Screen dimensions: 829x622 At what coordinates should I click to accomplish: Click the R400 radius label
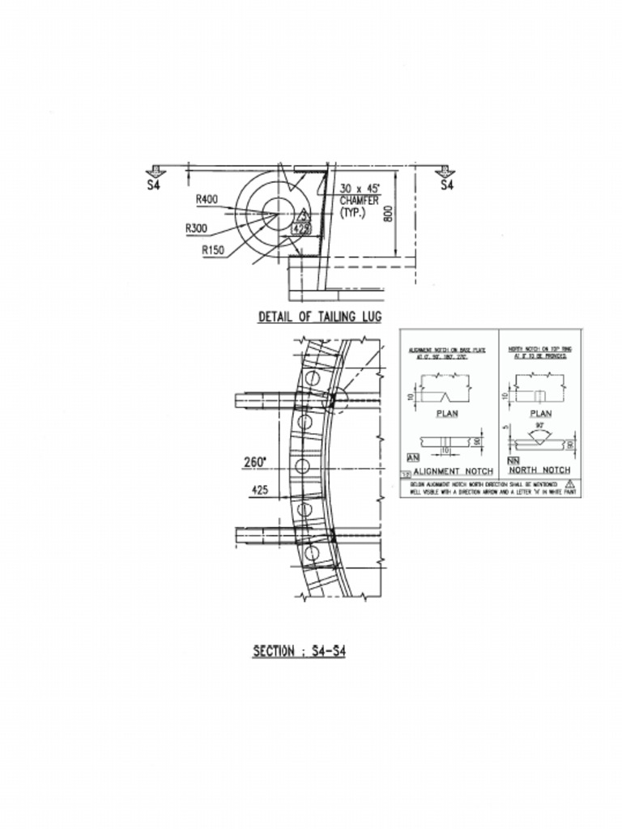[x=207, y=199]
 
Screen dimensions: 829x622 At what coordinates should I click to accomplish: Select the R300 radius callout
[x=196, y=228]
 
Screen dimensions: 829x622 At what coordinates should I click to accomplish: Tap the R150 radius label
[x=213, y=250]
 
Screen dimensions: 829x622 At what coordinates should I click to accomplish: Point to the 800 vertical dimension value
[x=388, y=213]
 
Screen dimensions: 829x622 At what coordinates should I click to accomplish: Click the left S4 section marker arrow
[x=154, y=172]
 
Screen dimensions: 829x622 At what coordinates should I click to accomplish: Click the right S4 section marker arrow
[x=445, y=172]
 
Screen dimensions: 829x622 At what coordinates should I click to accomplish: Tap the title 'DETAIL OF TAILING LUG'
[x=319, y=317]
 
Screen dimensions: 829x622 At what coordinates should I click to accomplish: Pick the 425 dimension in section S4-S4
[x=259, y=490]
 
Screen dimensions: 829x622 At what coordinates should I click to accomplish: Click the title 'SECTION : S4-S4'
[x=299, y=651]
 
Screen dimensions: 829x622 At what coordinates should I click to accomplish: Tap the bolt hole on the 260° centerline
[x=304, y=466]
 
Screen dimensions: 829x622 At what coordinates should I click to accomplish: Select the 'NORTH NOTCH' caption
[x=539, y=470]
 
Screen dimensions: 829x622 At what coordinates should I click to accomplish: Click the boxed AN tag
[x=413, y=459]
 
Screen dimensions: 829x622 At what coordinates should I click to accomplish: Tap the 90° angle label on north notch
[x=539, y=423]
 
